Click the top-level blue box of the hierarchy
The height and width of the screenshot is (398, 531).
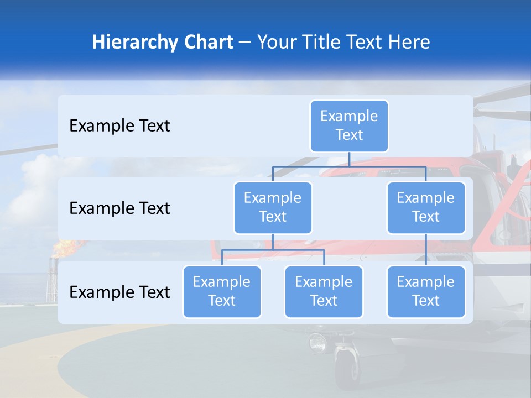coord(349,126)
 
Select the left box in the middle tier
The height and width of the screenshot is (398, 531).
coord(273,208)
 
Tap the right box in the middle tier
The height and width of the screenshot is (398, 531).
coord(426,208)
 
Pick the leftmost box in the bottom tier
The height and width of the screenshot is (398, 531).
coord(222,292)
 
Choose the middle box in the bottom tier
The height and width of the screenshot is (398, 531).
coord(324,292)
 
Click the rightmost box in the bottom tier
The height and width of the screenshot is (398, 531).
coord(426,292)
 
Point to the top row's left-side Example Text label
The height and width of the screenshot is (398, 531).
coord(119,126)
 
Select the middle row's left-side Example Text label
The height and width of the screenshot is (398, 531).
coord(119,208)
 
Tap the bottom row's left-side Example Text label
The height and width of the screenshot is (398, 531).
coord(119,292)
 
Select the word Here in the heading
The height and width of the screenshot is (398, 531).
coord(408,43)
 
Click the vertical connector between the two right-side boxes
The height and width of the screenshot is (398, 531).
coord(426,250)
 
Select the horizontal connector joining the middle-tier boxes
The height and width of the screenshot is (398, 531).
coord(349,167)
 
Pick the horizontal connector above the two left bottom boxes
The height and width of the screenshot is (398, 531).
coord(273,250)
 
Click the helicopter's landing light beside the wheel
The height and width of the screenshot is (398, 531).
coord(317,342)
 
